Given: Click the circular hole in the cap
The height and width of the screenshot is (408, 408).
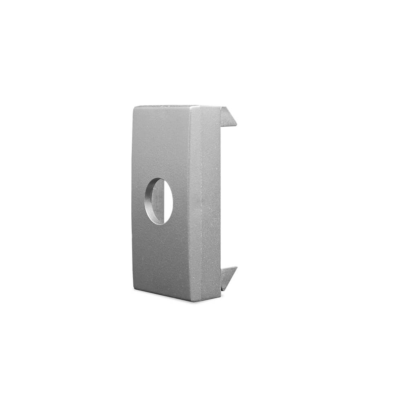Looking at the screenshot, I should (x=159, y=201).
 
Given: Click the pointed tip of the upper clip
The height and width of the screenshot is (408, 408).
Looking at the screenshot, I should (x=236, y=125).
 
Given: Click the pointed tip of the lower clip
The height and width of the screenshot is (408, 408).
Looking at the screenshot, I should (x=236, y=268).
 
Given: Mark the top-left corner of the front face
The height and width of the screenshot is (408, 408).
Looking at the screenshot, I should (x=134, y=107).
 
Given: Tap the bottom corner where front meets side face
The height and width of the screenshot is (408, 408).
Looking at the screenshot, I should (x=192, y=301).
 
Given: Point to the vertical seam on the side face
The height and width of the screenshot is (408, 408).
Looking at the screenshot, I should (x=200, y=204).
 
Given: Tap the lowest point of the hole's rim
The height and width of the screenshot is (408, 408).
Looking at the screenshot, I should (x=159, y=224).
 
